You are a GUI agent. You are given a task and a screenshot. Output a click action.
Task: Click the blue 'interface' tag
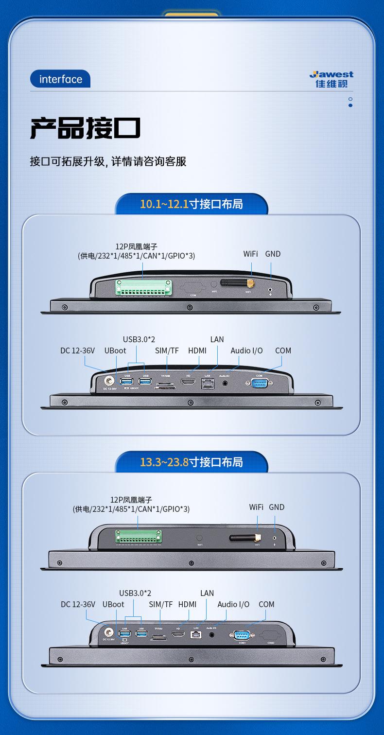60,79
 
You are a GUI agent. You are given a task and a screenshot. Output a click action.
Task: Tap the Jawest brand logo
332,79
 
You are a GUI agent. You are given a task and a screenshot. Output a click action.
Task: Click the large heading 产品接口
86,128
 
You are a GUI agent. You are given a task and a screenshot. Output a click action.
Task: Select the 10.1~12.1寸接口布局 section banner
191,204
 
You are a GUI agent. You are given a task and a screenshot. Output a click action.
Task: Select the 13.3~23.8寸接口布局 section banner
191,462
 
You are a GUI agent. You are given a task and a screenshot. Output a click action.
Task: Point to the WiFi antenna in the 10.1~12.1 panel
237,283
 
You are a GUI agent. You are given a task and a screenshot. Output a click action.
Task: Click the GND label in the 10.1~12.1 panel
273,254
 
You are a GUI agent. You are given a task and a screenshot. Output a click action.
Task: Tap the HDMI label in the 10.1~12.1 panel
197,350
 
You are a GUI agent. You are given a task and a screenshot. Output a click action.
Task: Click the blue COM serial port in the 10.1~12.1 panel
259,383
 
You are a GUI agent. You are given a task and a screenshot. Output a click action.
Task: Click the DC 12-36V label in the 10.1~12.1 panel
77,350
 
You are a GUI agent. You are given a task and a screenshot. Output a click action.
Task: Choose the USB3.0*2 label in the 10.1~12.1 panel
139,339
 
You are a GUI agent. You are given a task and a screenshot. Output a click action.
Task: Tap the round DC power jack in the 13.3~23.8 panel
109,632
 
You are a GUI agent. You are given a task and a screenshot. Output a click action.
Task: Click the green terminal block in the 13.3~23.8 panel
139,537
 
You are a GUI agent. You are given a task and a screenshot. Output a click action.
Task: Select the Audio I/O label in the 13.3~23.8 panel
233,604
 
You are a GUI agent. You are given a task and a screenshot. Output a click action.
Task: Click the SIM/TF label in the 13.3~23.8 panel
161,604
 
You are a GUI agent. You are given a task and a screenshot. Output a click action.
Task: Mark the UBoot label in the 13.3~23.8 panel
113,604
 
